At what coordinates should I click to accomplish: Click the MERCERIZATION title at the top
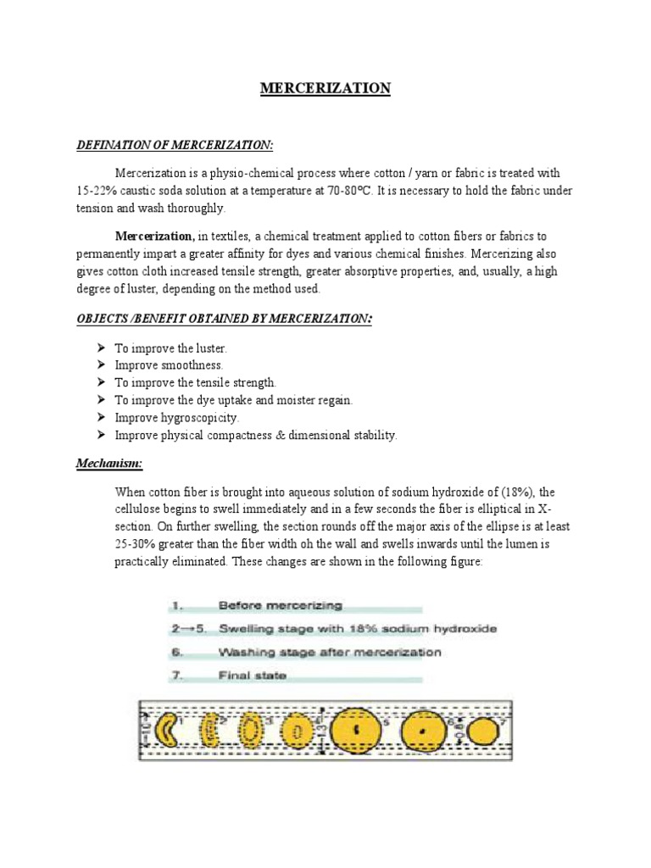(325, 88)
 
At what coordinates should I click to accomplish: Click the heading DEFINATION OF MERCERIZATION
(175, 146)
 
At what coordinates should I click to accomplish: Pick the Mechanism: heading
(109, 464)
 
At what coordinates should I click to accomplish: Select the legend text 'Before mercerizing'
(280, 605)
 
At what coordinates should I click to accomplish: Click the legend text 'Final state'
(253, 676)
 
